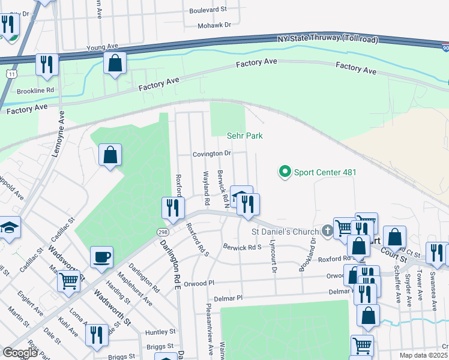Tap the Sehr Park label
point(245,136)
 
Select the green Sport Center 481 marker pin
point(285,172)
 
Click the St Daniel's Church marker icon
point(327,230)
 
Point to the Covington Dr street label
point(212,154)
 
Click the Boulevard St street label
point(208,10)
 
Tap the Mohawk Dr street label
point(215,25)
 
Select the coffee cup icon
point(101,257)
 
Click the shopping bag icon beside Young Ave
point(115,62)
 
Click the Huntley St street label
point(160,331)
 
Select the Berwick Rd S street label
point(243,247)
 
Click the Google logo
point(20,353)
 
